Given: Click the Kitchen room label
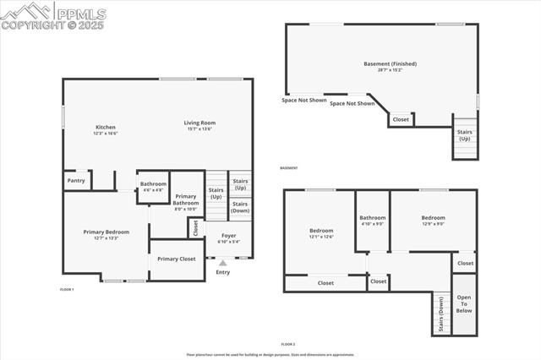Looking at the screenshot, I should point(105,128).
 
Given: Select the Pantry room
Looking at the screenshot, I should point(76,180).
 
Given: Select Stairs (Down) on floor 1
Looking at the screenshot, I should point(240,206).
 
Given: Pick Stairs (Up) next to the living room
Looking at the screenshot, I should point(240,183).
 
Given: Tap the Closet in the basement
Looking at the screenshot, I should point(401,119).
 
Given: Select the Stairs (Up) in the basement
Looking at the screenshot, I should point(464,135).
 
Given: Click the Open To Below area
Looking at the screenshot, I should point(464,303).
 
